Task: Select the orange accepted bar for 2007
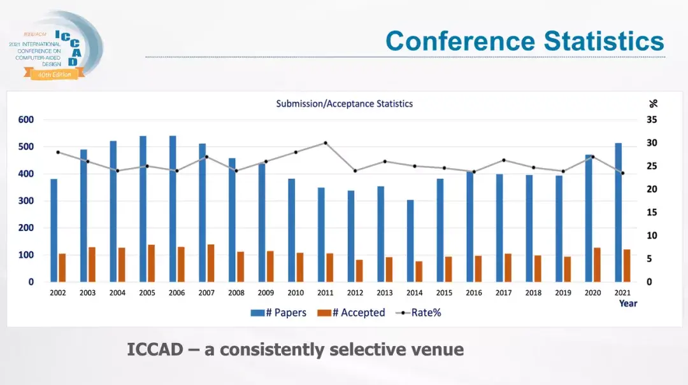point(211,263)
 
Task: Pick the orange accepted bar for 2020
point(597,264)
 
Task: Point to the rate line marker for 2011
point(326,143)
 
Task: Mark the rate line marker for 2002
point(58,152)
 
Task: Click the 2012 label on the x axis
point(355,293)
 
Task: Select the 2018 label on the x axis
point(533,293)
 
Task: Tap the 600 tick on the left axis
point(25,120)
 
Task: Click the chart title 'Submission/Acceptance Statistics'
point(344,104)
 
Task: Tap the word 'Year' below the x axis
point(628,304)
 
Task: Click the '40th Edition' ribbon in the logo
point(55,74)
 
